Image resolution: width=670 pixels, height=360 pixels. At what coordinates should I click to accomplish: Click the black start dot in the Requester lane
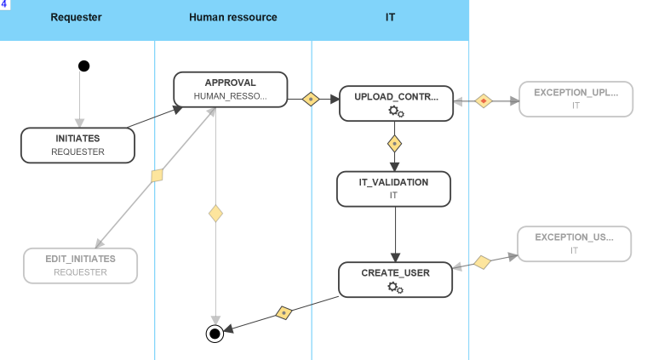pos(83,66)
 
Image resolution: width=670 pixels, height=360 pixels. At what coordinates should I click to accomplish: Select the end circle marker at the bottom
pos(215,334)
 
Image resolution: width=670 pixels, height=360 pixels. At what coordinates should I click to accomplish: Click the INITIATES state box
pos(77,145)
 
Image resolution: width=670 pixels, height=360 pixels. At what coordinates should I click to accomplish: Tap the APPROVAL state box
pos(230,89)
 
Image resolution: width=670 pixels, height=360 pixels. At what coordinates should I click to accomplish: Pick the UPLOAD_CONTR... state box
pos(396,103)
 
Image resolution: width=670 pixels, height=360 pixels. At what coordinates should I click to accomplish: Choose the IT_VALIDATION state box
pos(393,189)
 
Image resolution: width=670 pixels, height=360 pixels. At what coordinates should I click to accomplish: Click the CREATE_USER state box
pos(395,279)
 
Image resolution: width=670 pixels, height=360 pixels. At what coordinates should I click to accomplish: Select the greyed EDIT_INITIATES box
pos(80,265)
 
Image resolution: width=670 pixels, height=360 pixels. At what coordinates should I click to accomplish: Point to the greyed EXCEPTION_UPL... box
pos(576,99)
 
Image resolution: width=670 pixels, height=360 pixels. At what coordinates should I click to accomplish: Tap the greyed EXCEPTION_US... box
pos(574,243)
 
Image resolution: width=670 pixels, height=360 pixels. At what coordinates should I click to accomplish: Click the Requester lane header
pos(77,16)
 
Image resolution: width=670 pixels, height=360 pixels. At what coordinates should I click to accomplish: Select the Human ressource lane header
pos(233,16)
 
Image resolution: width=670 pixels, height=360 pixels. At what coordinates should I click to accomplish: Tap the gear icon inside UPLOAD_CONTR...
pos(396,111)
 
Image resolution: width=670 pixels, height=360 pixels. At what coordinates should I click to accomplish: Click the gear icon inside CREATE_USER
pos(395,288)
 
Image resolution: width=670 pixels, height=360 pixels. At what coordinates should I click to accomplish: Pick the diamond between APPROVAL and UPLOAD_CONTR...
pos(311,100)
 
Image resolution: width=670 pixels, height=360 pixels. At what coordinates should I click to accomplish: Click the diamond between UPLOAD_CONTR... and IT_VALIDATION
pos(394,143)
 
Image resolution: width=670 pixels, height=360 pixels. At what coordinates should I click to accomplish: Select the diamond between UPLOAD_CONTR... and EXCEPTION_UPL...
pos(484,100)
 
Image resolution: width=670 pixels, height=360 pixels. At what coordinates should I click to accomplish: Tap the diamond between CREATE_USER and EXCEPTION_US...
pos(482,262)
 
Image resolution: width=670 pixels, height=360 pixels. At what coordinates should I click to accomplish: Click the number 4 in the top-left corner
pos(4,4)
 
